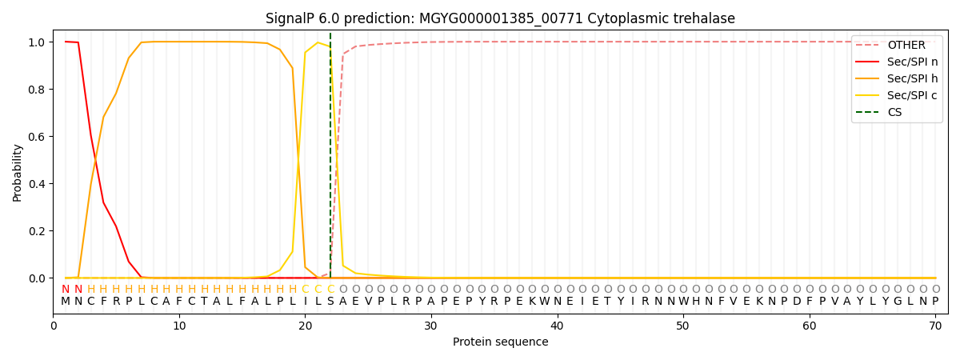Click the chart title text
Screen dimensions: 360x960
(x=500, y=18)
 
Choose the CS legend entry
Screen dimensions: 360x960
(x=894, y=113)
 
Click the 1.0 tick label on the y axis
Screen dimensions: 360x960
(x=36, y=42)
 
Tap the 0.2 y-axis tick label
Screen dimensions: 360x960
(x=36, y=231)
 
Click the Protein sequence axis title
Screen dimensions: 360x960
(x=500, y=342)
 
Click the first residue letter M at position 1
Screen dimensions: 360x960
(x=66, y=302)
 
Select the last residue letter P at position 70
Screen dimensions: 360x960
(x=935, y=302)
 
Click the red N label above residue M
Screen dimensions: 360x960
(x=66, y=290)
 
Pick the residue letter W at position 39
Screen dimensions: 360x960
(x=545, y=302)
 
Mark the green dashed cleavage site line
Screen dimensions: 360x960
(x=330, y=160)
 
